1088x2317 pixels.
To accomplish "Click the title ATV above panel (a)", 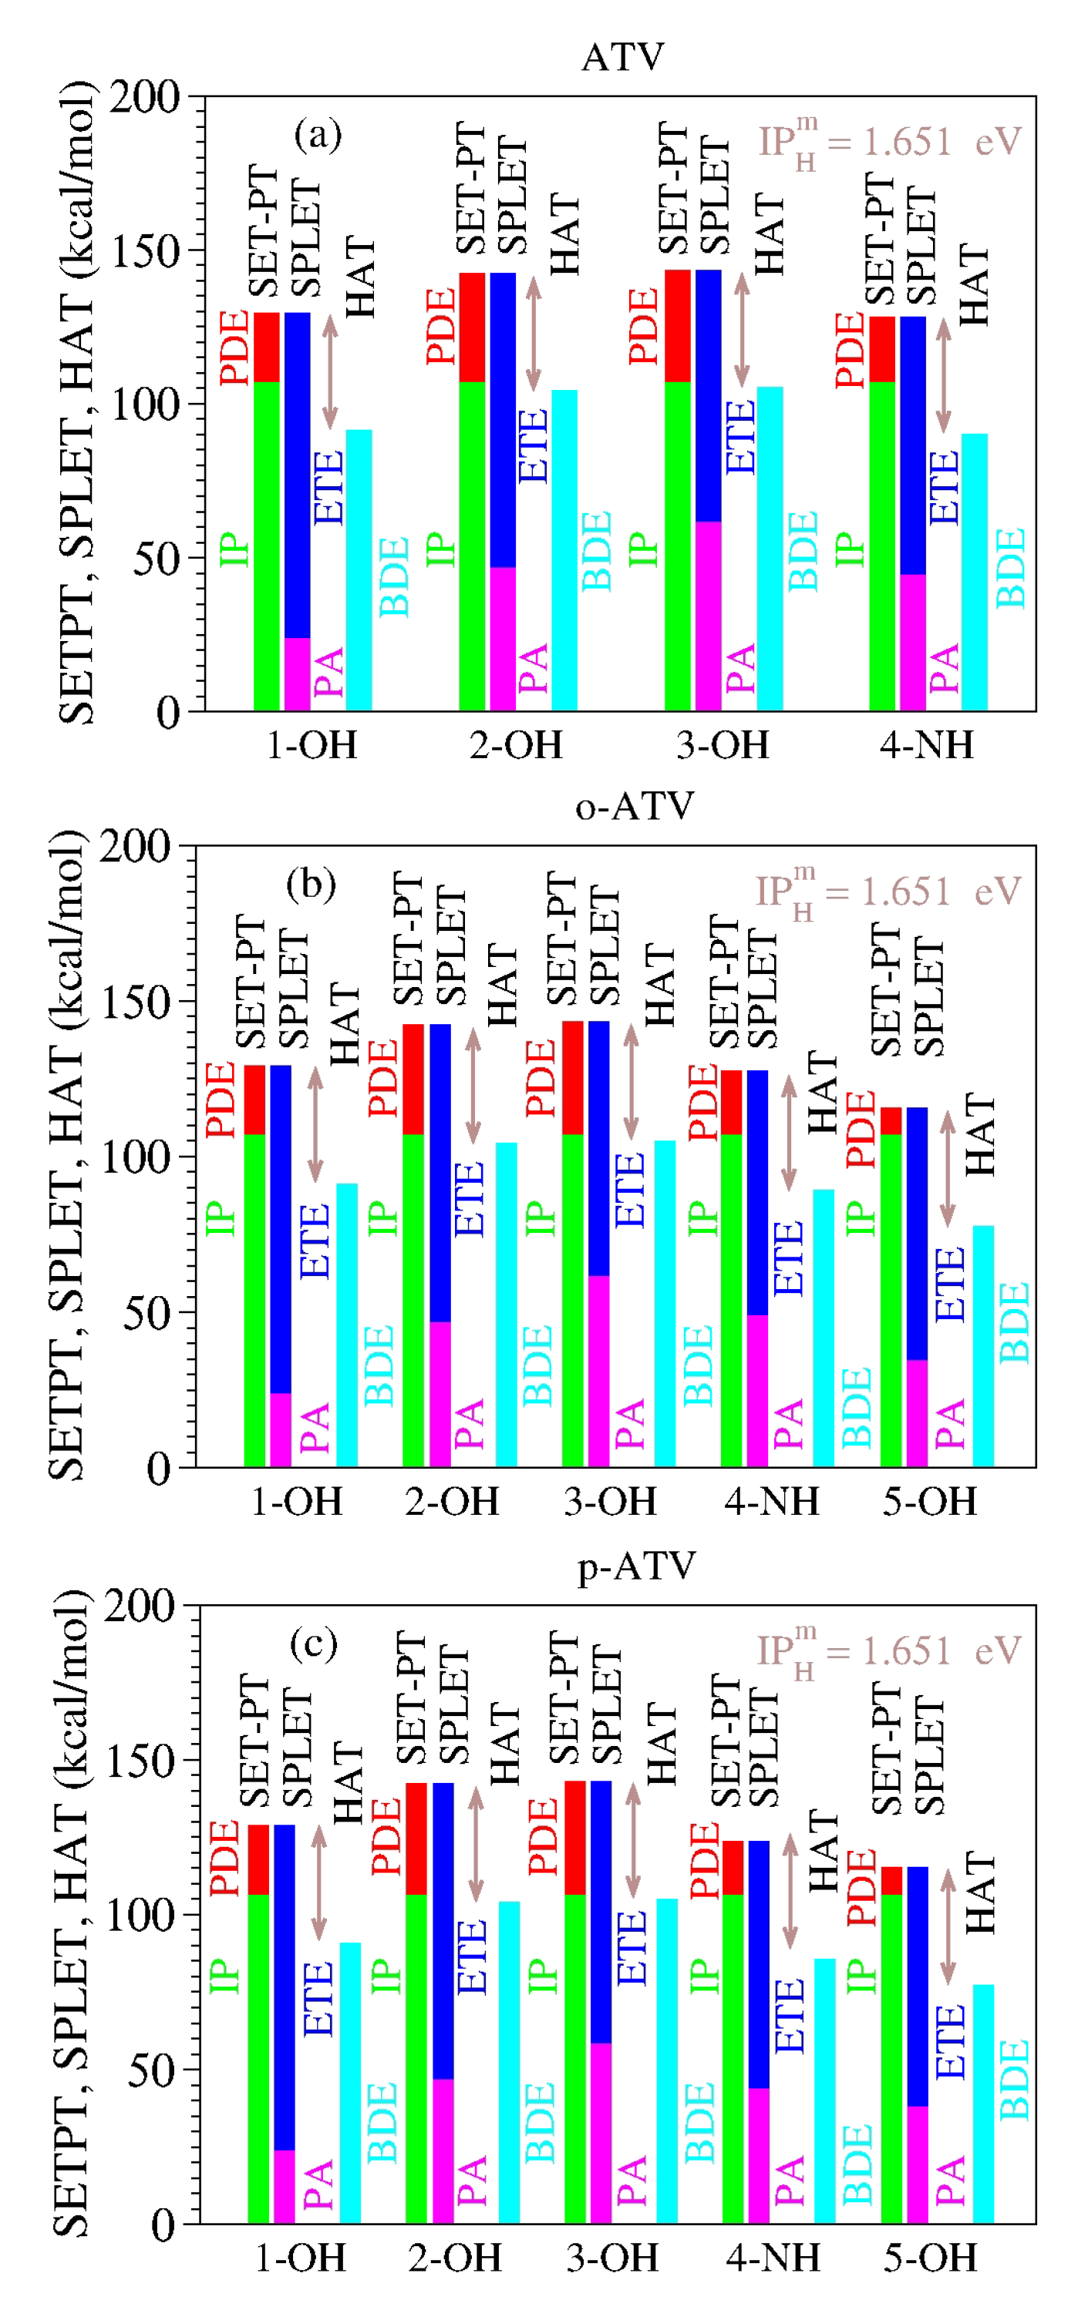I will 623,58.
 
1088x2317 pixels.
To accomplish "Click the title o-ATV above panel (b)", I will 635,806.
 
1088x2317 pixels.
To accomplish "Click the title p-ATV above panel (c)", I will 636,1566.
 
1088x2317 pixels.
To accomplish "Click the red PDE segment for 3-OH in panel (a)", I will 677,326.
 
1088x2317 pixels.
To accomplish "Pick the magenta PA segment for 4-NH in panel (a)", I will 912,642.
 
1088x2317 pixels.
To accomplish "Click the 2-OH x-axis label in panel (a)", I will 516,745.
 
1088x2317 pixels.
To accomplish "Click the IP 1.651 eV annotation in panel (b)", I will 888,891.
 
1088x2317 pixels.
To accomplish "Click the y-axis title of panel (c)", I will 70,1912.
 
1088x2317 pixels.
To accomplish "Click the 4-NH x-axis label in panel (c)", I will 772,2258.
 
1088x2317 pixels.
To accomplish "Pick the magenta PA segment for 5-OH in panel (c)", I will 917,2164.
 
